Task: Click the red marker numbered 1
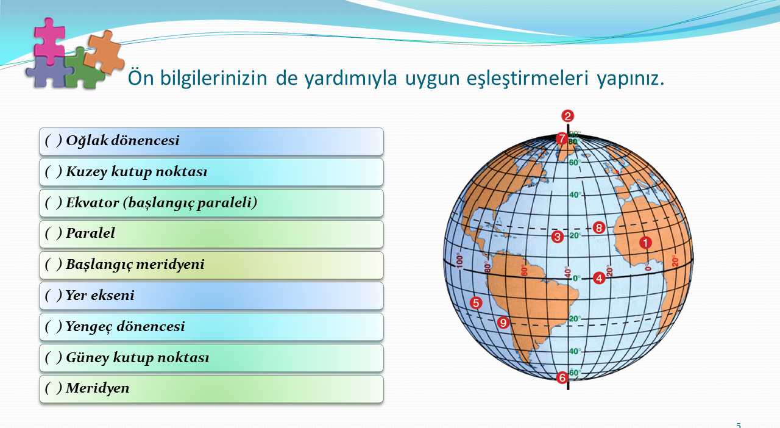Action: [645, 243]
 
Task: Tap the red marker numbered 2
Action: [567, 116]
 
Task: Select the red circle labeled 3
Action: [558, 237]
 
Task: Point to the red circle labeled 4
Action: [599, 278]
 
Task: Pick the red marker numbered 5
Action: [476, 303]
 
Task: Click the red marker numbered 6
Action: [562, 377]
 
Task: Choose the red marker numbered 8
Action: [599, 228]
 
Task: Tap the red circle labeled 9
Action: [503, 323]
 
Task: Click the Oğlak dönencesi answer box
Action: [211, 141]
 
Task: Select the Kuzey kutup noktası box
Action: [211, 172]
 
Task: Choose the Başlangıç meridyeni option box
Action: [211, 265]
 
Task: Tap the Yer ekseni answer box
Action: [211, 296]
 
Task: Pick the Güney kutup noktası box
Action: [211, 358]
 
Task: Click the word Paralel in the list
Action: [90, 233]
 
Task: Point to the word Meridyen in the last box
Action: [97, 388]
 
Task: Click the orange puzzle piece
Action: [104, 52]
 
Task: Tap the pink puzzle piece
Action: [49, 40]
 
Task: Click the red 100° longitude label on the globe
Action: [459, 261]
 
